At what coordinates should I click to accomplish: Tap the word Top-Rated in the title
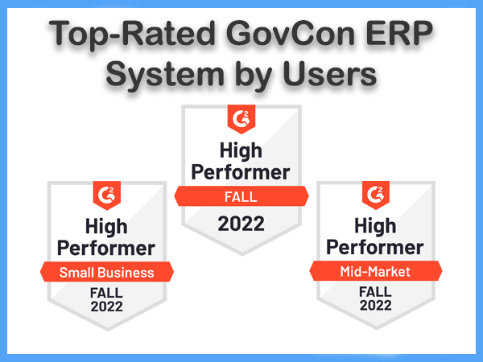point(132,36)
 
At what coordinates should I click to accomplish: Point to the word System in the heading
point(165,76)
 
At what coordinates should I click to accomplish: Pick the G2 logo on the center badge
point(242,118)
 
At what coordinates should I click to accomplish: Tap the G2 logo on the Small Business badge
point(106,195)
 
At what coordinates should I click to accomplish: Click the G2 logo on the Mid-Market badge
point(376,194)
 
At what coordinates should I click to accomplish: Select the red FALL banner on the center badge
point(242,196)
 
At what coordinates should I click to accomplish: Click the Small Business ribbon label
point(107,272)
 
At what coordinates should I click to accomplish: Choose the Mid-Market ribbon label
point(376,271)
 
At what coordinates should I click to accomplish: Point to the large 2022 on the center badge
point(241,224)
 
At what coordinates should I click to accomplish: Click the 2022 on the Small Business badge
point(106,306)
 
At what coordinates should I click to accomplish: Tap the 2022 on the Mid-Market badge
point(376,306)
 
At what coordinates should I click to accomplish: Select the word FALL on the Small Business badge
point(106,293)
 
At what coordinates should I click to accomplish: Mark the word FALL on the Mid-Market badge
point(375,292)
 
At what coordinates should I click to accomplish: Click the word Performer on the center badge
point(241,173)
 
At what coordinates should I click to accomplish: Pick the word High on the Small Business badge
point(106,227)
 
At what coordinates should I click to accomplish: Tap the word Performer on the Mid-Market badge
point(375,248)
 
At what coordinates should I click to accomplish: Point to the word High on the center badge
point(241,151)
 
